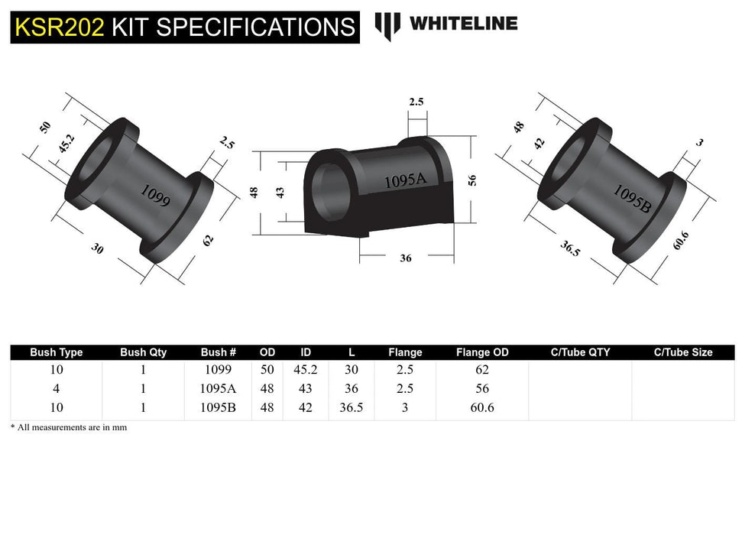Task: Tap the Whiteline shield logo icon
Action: [x=387, y=26]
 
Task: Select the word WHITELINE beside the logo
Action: [x=463, y=24]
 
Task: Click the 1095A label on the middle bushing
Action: [x=405, y=181]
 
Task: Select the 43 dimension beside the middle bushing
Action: [x=279, y=191]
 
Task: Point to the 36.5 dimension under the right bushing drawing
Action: [x=569, y=249]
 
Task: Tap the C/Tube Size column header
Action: [x=682, y=352]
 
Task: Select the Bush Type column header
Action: [x=56, y=352]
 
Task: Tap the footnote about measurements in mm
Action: [x=69, y=427]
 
